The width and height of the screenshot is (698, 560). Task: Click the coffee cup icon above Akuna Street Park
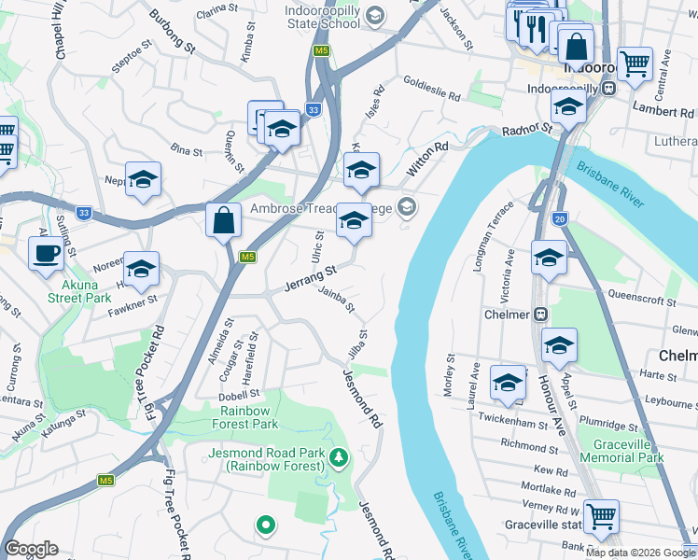[46, 253]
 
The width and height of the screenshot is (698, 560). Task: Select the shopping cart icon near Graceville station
[602, 514]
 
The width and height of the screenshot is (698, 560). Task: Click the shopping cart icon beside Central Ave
[635, 65]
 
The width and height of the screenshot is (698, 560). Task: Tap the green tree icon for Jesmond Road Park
[341, 456]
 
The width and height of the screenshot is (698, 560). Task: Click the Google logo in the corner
[31, 549]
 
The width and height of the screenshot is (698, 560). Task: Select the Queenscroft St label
[641, 301]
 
